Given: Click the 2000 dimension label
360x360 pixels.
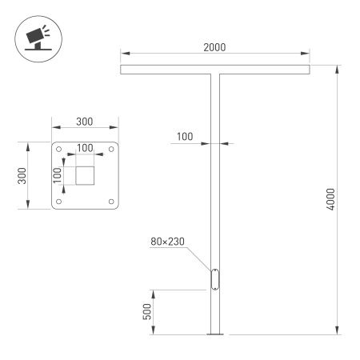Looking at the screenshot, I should pyautogui.click(x=214, y=48).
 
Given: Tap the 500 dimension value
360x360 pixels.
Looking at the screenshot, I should pyautogui.click(x=147, y=311).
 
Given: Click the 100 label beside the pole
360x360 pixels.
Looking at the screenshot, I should pyautogui.click(x=184, y=137).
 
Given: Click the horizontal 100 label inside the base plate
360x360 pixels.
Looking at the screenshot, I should pyautogui.click(x=84, y=148).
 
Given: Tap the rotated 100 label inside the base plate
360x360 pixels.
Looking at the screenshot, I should pyautogui.click(x=58, y=175).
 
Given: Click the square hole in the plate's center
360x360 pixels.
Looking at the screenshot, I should pyautogui.click(x=85, y=175).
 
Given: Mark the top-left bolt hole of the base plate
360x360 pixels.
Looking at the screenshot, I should pyautogui.click(x=60, y=150).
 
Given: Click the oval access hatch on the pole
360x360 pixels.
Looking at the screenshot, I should pyautogui.click(x=214, y=279).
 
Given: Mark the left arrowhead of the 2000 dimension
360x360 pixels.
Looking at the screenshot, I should pyautogui.click(x=123, y=55).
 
